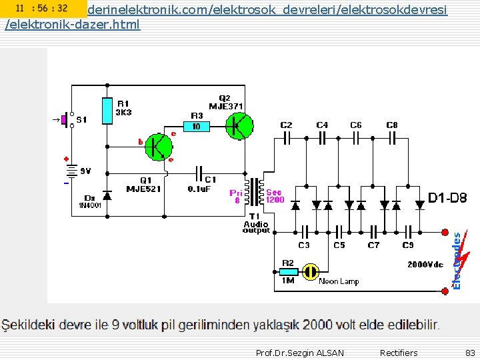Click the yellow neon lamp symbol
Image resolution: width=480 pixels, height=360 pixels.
click(x=309, y=271)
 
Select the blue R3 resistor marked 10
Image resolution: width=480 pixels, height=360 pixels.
click(x=196, y=126)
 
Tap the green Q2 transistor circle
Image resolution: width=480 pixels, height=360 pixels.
click(x=239, y=126)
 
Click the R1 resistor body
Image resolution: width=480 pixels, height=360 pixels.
click(x=107, y=111)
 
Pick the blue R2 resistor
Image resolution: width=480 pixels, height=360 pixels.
click(x=288, y=271)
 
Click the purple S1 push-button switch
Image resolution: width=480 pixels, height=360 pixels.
click(x=65, y=119)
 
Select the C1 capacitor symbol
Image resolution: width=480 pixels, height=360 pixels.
click(x=199, y=173)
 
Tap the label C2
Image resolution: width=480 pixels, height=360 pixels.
click(x=286, y=125)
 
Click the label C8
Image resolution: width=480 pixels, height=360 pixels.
click(x=392, y=125)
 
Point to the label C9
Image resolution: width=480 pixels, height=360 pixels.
click(x=408, y=245)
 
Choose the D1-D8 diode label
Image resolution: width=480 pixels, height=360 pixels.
click(x=447, y=198)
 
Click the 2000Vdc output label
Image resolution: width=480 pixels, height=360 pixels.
click(x=425, y=265)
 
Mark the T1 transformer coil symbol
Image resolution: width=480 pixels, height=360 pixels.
click(x=255, y=192)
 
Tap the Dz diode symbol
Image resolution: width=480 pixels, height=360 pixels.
click(x=107, y=194)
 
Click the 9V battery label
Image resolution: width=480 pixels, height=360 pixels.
click(x=85, y=171)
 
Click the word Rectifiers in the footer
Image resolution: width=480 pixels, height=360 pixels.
click(x=399, y=353)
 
